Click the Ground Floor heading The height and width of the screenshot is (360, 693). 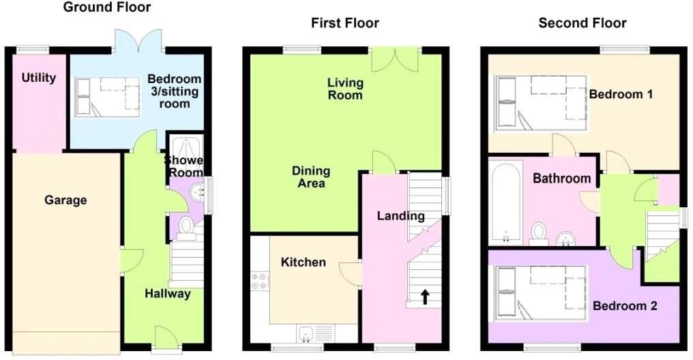[107, 7]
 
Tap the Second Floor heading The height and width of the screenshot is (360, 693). [583, 23]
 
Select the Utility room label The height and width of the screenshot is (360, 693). [39, 78]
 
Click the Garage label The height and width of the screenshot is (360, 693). [65, 200]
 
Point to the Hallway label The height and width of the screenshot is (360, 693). [167, 294]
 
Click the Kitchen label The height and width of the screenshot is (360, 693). [304, 262]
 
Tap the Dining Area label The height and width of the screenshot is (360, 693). [311, 177]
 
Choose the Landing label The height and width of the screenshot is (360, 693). [401, 216]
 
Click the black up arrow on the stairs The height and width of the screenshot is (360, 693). [424, 296]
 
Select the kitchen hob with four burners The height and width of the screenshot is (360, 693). [259, 282]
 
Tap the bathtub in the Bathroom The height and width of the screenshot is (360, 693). [505, 203]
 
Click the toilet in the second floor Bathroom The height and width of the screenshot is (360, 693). [539, 232]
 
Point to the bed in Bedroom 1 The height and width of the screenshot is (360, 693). [540, 102]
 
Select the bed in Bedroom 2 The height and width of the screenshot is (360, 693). [540, 292]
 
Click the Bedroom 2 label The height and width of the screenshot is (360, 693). [624, 306]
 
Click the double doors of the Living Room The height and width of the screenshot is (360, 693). [396, 59]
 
